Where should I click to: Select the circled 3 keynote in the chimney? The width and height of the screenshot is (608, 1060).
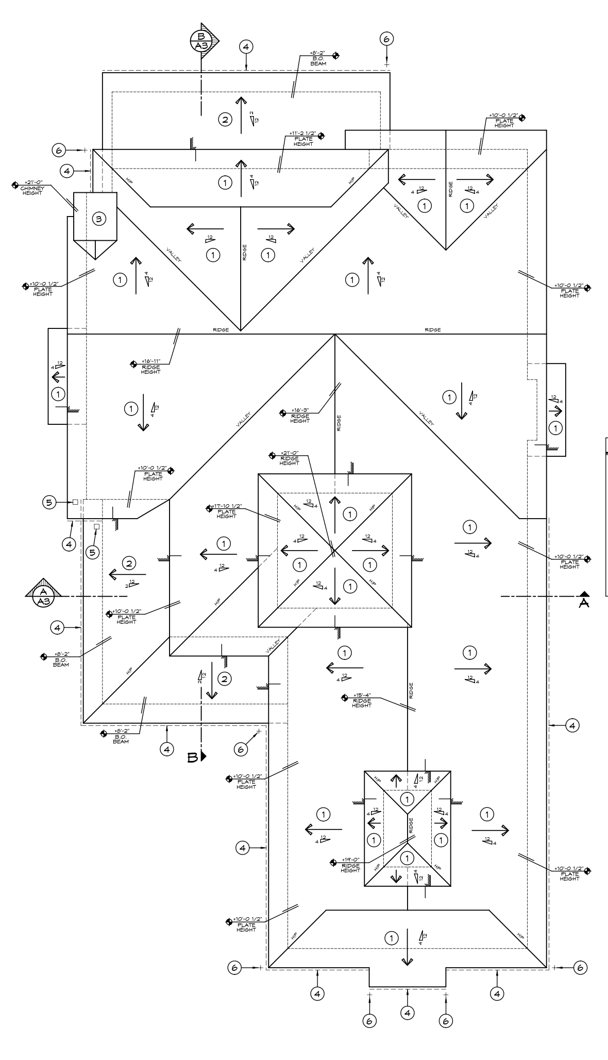point(99,219)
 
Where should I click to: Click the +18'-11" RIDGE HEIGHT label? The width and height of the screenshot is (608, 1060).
point(150,367)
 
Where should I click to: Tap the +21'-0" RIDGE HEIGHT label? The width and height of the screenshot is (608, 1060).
point(289,458)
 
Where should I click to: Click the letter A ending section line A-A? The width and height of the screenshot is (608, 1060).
point(584,603)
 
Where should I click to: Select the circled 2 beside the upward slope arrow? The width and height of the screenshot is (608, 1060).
point(225,120)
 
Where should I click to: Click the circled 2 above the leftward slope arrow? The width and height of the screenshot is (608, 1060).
point(129,563)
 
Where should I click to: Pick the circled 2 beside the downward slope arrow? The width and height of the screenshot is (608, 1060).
point(225,678)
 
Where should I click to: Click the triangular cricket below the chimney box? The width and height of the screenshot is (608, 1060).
point(95,249)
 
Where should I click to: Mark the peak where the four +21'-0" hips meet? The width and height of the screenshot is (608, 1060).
point(334,550)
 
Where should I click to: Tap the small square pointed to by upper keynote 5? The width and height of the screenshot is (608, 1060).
point(75,502)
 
